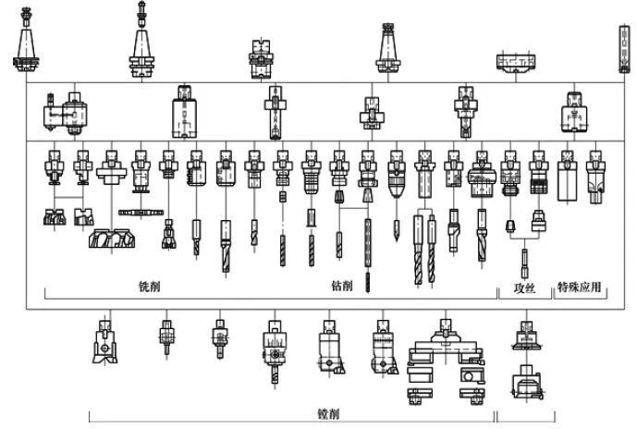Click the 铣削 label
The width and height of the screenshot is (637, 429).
[x=148, y=288]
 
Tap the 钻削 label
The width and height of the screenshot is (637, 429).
[x=341, y=288]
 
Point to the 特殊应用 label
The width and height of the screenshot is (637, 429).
[x=580, y=288]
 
